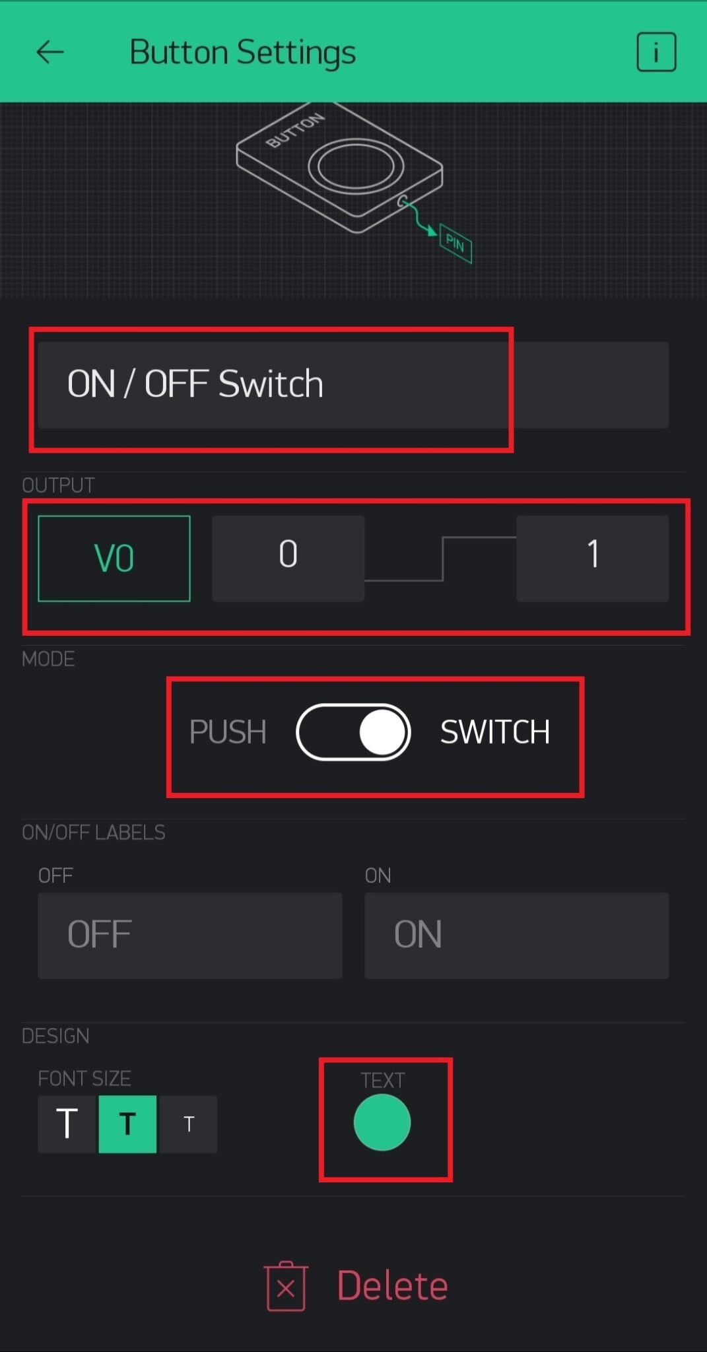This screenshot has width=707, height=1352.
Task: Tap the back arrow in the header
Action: (x=50, y=52)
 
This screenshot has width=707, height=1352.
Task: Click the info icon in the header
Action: (x=656, y=51)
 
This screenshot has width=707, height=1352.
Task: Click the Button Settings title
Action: (x=242, y=52)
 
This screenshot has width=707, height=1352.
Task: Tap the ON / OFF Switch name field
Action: (x=353, y=384)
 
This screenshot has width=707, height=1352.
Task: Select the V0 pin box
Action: (x=114, y=558)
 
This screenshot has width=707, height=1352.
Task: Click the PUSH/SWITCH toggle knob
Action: (x=382, y=732)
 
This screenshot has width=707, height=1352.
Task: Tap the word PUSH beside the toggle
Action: (x=228, y=732)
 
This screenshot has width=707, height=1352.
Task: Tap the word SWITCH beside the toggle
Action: (x=495, y=732)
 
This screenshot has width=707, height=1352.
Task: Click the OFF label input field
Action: (x=189, y=935)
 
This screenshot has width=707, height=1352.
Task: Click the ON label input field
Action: (x=516, y=935)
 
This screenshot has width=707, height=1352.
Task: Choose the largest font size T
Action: (x=67, y=1124)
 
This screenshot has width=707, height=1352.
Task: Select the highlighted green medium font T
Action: (x=127, y=1124)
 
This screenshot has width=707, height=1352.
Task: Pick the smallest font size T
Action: (x=189, y=1124)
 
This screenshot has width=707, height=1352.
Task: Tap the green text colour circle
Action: (x=382, y=1122)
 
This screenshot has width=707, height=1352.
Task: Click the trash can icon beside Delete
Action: (x=286, y=1286)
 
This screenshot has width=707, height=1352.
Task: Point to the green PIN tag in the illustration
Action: (x=455, y=244)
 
